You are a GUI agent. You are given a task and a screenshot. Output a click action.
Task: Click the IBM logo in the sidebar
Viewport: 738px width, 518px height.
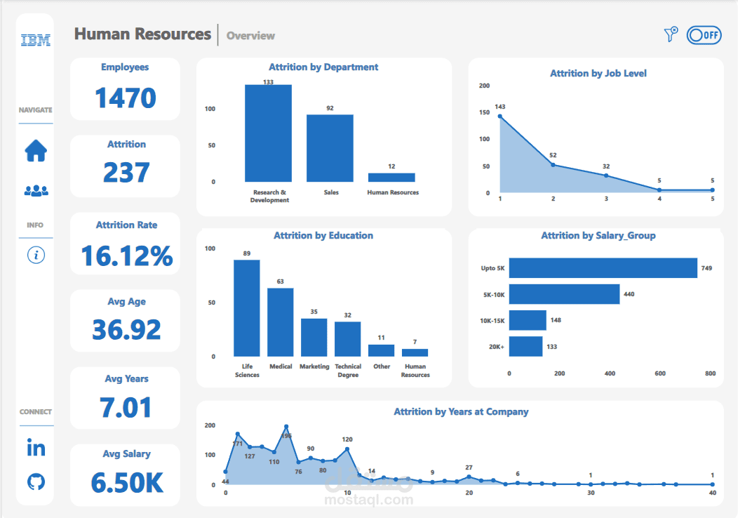[x=36, y=40]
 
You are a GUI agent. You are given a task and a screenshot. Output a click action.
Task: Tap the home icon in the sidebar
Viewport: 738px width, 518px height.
[x=36, y=150]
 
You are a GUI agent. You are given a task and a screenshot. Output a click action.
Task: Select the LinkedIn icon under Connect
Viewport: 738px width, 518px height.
[x=36, y=448]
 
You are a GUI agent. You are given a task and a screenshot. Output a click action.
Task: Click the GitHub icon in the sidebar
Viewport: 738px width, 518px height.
[x=36, y=482]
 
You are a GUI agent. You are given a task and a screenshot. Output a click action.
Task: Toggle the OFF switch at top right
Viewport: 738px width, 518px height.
[x=704, y=34]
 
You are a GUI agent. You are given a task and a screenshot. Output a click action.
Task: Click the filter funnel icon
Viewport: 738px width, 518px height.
[x=671, y=34]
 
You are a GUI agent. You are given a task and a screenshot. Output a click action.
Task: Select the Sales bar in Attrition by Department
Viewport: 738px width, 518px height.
[x=330, y=148]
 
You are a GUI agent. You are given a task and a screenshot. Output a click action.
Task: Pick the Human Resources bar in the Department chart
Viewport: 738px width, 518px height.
[x=391, y=178]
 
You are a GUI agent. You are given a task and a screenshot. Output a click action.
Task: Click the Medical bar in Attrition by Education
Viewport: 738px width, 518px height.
[x=281, y=322]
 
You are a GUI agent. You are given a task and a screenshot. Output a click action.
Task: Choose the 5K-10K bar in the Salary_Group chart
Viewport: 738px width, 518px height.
[x=564, y=294]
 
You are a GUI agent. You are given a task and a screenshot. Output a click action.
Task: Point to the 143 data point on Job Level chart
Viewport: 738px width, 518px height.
[x=500, y=116]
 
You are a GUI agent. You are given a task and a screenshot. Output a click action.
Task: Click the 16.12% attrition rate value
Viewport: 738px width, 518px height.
[x=126, y=255]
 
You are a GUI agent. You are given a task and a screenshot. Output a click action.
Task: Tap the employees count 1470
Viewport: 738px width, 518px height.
[x=126, y=98]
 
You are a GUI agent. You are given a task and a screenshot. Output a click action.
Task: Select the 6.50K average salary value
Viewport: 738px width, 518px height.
[x=126, y=482]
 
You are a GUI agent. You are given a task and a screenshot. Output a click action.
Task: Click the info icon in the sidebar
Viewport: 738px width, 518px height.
[x=36, y=255]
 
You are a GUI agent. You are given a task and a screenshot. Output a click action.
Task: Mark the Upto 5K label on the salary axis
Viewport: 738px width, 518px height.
[x=492, y=268]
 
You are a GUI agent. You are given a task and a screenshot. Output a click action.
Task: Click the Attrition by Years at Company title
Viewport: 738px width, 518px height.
[x=461, y=412]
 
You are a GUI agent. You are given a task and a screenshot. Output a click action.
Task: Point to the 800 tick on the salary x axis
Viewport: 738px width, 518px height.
[x=710, y=373]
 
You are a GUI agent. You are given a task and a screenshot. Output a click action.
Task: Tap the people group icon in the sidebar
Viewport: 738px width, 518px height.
[x=36, y=190]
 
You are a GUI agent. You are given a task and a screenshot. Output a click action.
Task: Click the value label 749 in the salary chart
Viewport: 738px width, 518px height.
[x=706, y=268]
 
